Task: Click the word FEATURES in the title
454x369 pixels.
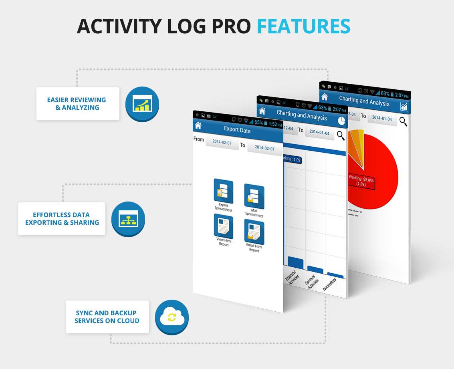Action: click(303, 26)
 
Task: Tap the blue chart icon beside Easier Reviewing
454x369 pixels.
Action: click(142, 104)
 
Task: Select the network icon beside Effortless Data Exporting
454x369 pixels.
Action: click(128, 219)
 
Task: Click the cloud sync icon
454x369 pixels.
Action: click(172, 318)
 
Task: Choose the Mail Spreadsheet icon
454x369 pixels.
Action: click(254, 197)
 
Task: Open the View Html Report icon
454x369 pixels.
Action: click(223, 226)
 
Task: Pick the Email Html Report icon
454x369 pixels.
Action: click(254, 232)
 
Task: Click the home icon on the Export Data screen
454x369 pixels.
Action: click(198, 125)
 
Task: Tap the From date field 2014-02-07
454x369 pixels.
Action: click(222, 142)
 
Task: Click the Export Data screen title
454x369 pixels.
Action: click(237, 130)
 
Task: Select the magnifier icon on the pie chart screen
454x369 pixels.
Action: click(403, 122)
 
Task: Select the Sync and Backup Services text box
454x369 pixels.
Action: click(107, 317)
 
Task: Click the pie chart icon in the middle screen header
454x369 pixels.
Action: click(341, 121)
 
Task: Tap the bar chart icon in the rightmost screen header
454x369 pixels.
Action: click(404, 106)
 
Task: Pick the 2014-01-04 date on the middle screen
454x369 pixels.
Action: click(319, 132)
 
